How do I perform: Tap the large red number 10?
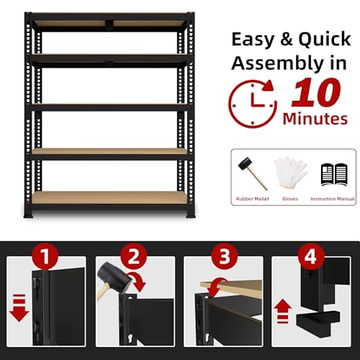point(316,92)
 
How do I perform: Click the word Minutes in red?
point(315,119)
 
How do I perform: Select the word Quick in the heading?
point(325,40)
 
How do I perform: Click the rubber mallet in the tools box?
point(253,174)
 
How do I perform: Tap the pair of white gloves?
point(290,171)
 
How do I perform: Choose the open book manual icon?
point(334,174)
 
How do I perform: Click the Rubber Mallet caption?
point(253,199)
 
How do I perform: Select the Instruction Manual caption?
point(333,199)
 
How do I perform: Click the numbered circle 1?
point(45,256)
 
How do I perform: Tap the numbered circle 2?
point(134,256)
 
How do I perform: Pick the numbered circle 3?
point(225,256)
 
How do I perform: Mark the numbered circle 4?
point(311,256)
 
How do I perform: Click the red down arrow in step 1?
point(19,308)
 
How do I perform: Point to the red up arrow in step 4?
point(283,311)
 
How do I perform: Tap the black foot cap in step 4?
point(318,320)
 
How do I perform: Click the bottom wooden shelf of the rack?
point(109,198)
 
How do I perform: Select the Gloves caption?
point(290,199)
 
